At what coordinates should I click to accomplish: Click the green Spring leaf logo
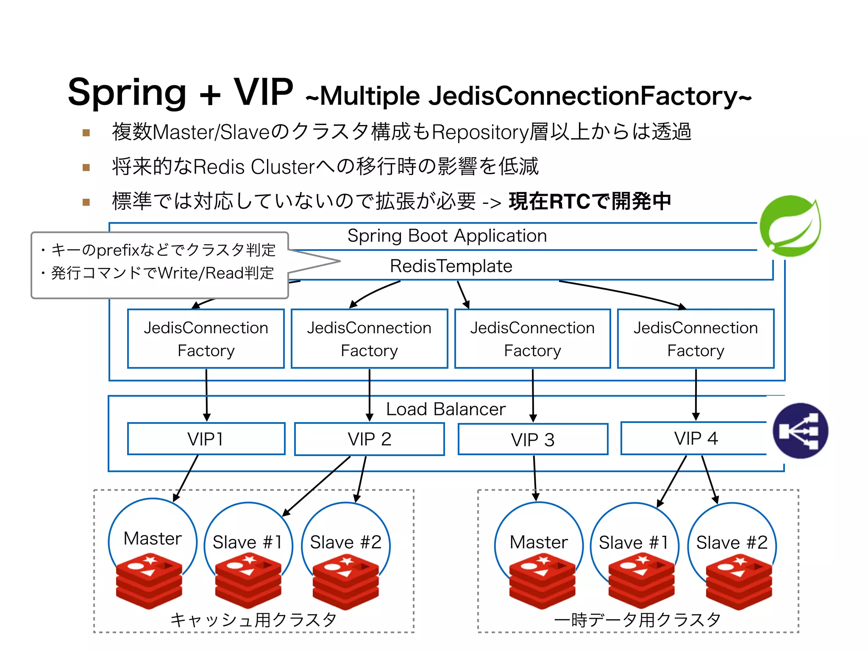(x=790, y=226)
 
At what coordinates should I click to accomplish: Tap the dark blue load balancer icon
(x=800, y=431)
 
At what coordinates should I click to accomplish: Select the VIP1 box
(x=206, y=439)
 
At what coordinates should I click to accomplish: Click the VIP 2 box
(x=369, y=439)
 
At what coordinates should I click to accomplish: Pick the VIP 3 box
(x=533, y=440)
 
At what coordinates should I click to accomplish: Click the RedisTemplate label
(x=451, y=266)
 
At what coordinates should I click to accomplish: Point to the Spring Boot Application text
(x=447, y=236)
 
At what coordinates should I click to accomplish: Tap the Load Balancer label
(x=446, y=409)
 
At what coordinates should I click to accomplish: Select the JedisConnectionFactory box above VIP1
(x=206, y=339)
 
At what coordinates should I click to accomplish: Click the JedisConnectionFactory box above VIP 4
(x=696, y=339)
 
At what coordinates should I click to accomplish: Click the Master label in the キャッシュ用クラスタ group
(x=153, y=538)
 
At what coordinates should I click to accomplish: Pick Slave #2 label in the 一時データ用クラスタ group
(x=732, y=542)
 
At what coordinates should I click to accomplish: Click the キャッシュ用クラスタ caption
(x=253, y=620)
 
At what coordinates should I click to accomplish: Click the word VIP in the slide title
(x=263, y=92)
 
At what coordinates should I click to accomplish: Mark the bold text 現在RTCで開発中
(x=590, y=201)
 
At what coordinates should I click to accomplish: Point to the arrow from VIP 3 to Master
(x=535, y=477)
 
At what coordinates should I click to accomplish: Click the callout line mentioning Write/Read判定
(x=162, y=273)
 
